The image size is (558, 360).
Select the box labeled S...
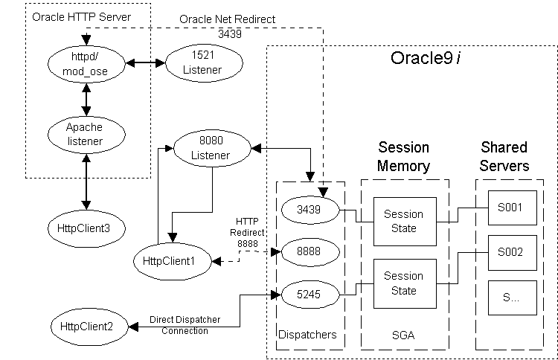point(511,297)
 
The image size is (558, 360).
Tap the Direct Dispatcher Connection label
point(185,325)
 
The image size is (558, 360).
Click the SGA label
point(404,335)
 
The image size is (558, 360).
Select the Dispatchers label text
point(307,335)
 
